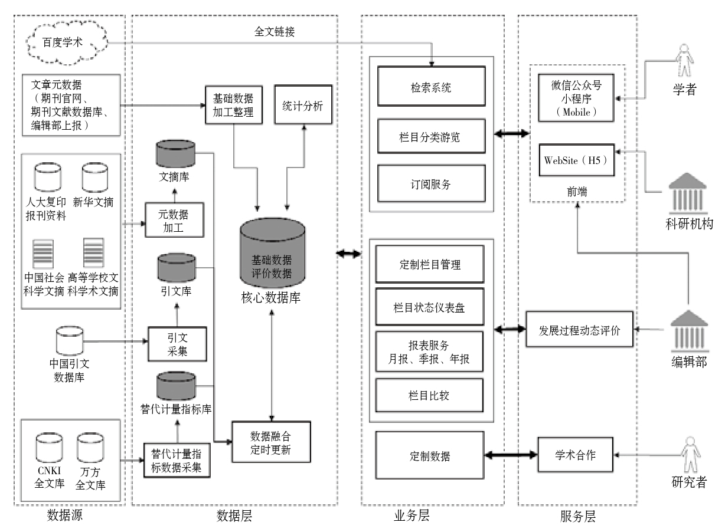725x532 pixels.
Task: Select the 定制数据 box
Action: [x=430, y=455]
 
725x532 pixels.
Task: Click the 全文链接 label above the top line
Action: [x=275, y=32]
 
